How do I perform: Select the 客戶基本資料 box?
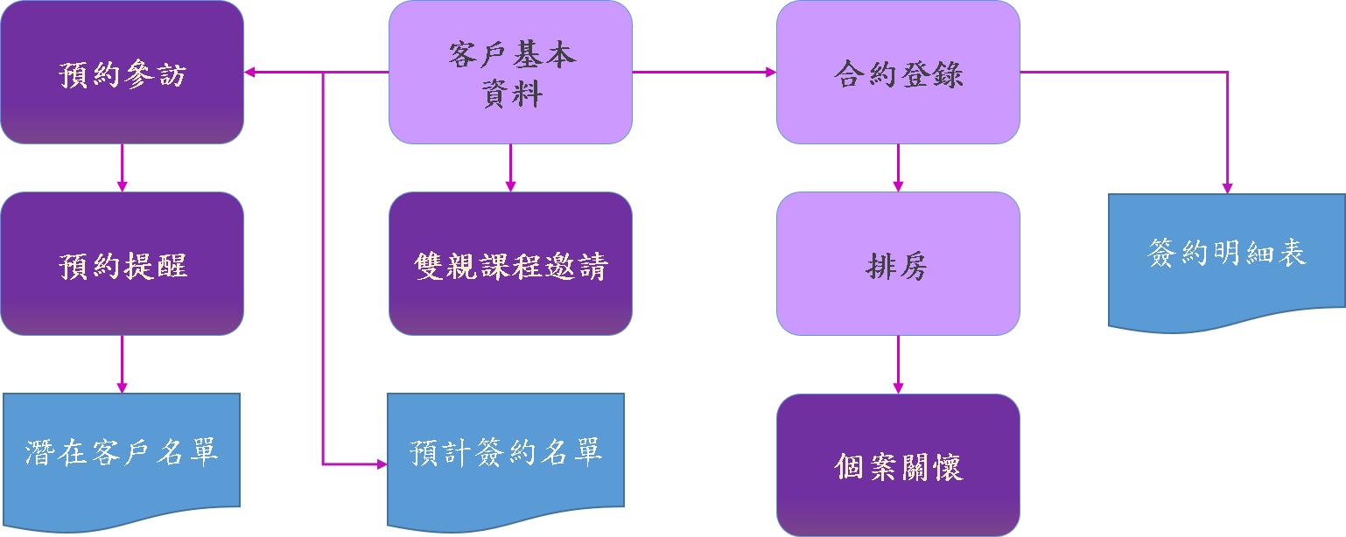coord(510,72)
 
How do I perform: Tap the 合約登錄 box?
coord(898,72)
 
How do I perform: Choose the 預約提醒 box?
coord(122,263)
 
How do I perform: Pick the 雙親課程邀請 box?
coord(510,263)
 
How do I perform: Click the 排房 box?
coord(898,263)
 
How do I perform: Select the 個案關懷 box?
coord(898,465)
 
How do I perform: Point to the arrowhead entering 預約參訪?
coord(249,72)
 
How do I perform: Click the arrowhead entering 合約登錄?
coord(771,72)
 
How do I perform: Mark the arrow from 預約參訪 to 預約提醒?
coord(122,168)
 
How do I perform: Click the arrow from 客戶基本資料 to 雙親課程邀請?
coord(510,168)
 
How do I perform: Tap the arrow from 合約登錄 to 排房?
coord(898,168)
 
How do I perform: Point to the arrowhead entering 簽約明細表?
coord(1227,187)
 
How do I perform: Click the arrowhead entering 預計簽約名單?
coord(382,464)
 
